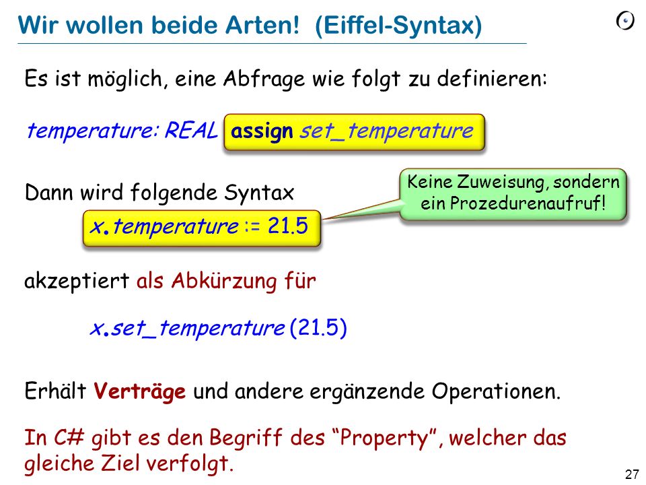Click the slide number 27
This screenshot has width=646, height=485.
tap(632, 474)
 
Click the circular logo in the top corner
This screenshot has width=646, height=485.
tap(625, 21)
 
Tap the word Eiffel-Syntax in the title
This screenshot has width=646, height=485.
tap(399, 26)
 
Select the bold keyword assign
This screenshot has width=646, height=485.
tap(262, 131)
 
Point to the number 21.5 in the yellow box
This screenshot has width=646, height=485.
tap(287, 226)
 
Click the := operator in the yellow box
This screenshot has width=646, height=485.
tap(252, 227)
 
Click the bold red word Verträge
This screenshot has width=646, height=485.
tap(139, 391)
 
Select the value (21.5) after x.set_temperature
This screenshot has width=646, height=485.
tap(318, 327)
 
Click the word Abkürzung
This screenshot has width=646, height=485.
tap(224, 282)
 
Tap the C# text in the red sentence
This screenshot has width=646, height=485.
tap(69, 438)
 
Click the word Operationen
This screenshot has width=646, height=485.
tap(496, 391)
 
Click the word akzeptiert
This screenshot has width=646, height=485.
tap(77, 282)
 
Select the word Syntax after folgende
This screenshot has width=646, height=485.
tap(258, 193)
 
